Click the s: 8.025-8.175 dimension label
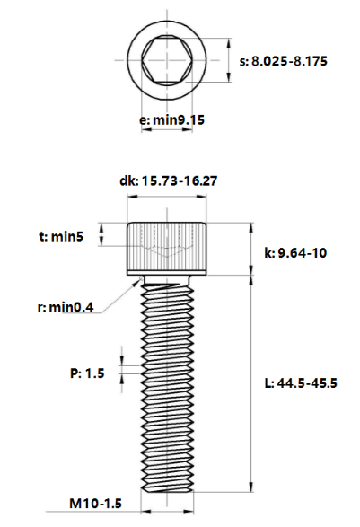coord(283,62)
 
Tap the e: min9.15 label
coord(171,120)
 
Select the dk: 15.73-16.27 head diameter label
coord(169,180)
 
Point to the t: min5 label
coord(61,237)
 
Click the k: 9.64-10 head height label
coord(295,253)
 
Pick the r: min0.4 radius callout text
coord(66,307)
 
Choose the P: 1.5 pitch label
coord(87,373)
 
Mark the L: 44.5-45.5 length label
coord(301,383)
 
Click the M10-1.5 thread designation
coord(95,504)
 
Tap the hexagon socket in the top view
coord(167,60)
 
